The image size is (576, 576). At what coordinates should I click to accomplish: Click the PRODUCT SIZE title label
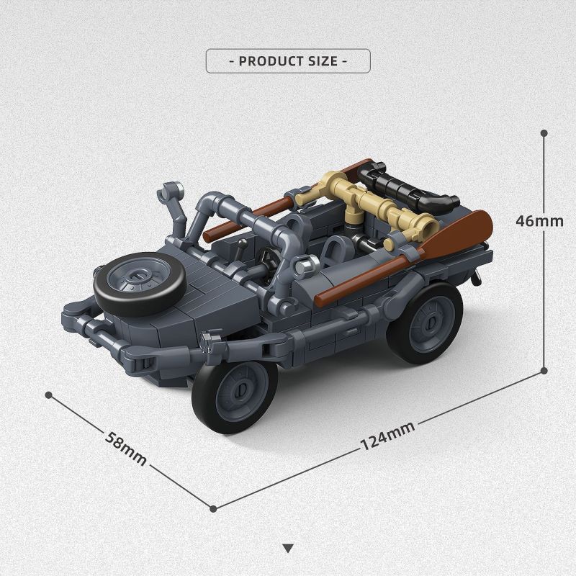[x=288, y=60]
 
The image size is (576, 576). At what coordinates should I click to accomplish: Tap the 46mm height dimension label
[x=539, y=220]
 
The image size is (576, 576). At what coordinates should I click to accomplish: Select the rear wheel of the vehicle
[x=424, y=322]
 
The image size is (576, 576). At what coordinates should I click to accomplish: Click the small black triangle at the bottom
[x=288, y=548]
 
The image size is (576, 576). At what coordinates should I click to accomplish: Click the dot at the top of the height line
[x=544, y=133]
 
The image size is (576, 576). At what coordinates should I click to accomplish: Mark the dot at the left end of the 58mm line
[x=49, y=395]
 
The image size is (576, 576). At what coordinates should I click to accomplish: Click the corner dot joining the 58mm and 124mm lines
[x=214, y=508]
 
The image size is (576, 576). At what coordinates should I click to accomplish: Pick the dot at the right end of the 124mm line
[x=544, y=372]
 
